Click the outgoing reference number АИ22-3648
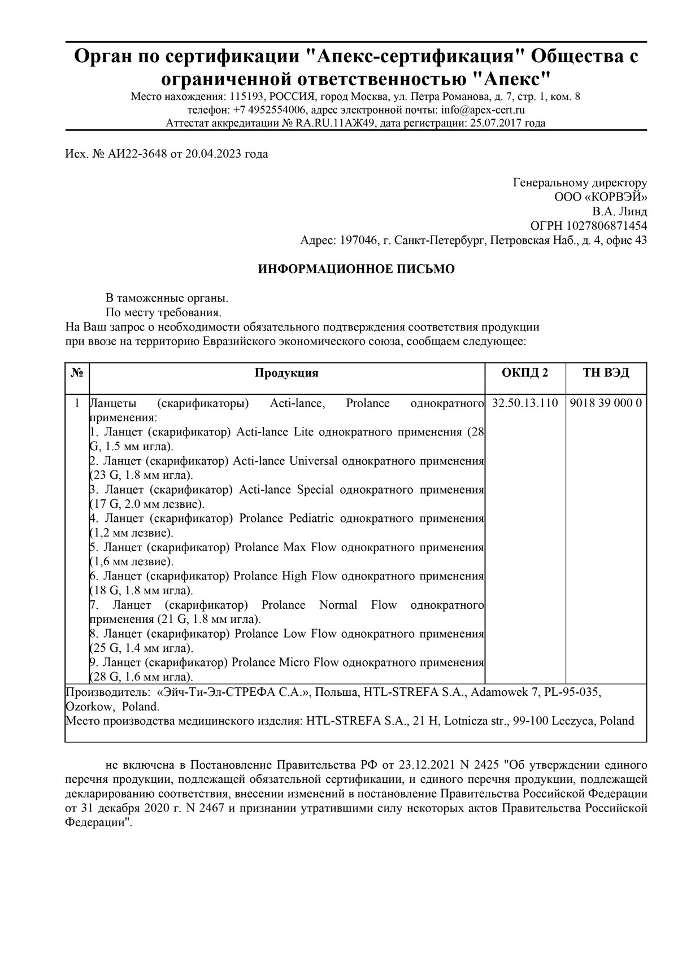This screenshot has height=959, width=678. [x=137, y=154]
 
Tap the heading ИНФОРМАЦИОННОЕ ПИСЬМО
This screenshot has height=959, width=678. [x=356, y=269]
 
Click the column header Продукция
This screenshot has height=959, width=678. [x=286, y=373]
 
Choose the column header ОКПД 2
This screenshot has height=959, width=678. [x=525, y=373]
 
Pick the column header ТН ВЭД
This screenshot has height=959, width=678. [x=606, y=373]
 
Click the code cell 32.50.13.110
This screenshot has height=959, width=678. [x=525, y=403]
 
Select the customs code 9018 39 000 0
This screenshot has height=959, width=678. [x=606, y=403]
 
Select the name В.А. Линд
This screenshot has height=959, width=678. [x=620, y=212]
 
